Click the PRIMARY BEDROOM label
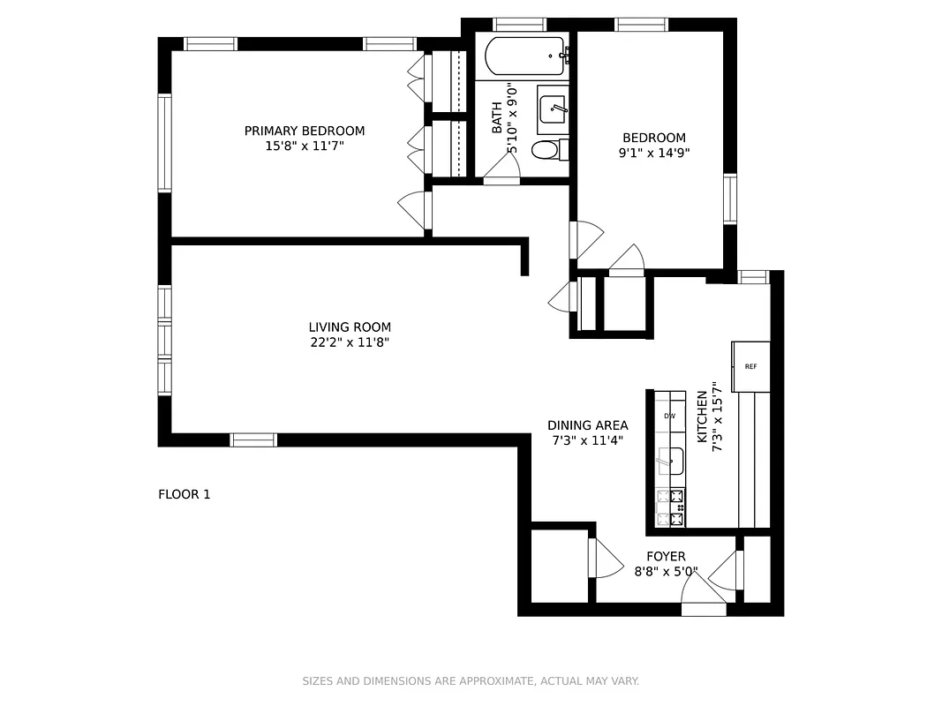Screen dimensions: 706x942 click(x=304, y=131)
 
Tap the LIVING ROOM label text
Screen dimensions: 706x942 click(x=350, y=327)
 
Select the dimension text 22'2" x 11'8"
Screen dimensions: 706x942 click(x=350, y=342)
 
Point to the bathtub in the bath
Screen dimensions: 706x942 click(x=524, y=56)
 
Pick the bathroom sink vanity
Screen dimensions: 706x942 click(x=554, y=109)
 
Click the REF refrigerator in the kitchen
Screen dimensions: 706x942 click(x=750, y=366)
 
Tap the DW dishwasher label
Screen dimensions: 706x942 click(x=670, y=416)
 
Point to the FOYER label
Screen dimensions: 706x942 click(x=666, y=556)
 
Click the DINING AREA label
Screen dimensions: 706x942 click(x=587, y=425)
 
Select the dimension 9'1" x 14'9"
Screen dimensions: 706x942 click(x=654, y=153)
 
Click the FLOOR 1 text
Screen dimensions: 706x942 click(x=184, y=494)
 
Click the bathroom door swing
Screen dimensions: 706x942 click(x=501, y=173)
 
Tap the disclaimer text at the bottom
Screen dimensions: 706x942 click(x=471, y=681)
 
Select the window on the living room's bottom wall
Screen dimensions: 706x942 click(x=253, y=439)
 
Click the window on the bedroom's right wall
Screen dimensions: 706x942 click(x=730, y=199)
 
